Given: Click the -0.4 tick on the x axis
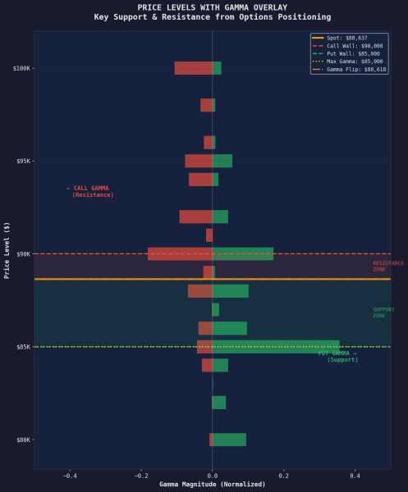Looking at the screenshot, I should pyautogui.click(x=70, y=475).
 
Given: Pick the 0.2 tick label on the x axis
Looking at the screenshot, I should pyautogui.click(x=284, y=475).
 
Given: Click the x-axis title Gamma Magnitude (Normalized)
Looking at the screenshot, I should pyautogui.click(x=212, y=484).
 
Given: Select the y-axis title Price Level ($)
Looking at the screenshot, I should pyautogui.click(x=7, y=250).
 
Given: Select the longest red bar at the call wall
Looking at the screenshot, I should pyautogui.click(x=180, y=254).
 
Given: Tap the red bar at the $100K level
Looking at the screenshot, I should pyautogui.click(x=193, y=68).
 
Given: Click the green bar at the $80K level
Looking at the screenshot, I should pyautogui.click(x=229, y=440).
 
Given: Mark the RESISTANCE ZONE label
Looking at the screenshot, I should pyautogui.click(x=388, y=266).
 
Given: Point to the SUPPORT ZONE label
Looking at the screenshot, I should pyautogui.click(x=383, y=312).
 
